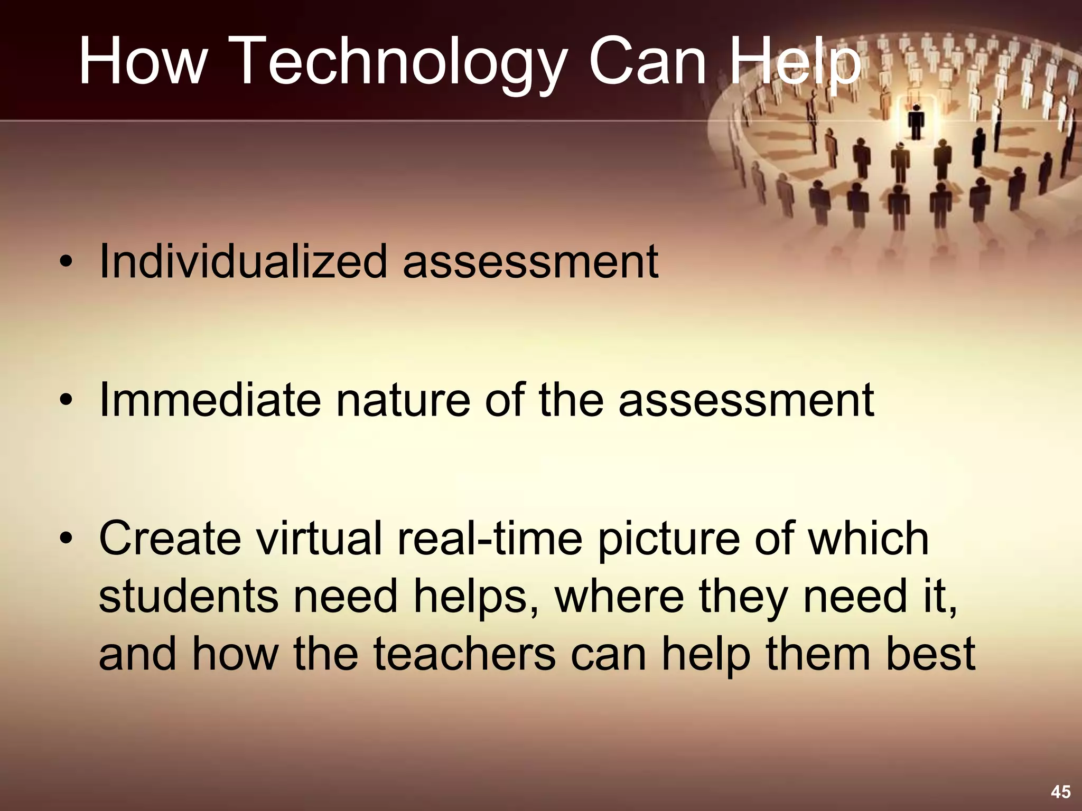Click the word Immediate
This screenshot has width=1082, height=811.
(210, 400)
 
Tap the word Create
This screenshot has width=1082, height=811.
(170, 539)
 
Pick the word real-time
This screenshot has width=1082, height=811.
(489, 539)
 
